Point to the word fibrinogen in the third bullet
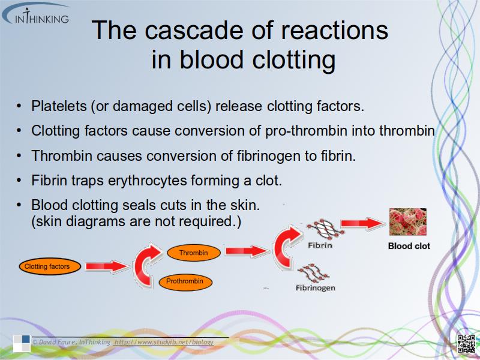pyautogui.click(x=268, y=156)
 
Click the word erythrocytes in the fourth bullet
pyautogui.click(x=147, y=181)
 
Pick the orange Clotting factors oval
pyautogui.click(x=50, y=266)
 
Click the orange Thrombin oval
pyautogui.click(x=193, y=253)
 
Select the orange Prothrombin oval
pyautogui.click(x=185, y=281)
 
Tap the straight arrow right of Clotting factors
pyautogui.click(x=107, y=266)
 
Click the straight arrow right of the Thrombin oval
pyautogui.click(x=247, y=251)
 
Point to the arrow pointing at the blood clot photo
pyautogui.click(x=363, y=223)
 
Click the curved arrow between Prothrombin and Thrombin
pyautogui.click(x=147, y=265)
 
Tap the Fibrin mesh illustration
pyautogui.click(x=325, y=229)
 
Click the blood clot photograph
pyautogui.click(x=408, y=222)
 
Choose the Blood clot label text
pyautogui.click(x=409, y=246)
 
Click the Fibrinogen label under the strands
pyautogui.click(x=316, y=288)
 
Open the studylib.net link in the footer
pyautogui.click(x=164, y=342)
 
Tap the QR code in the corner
pyautogui.click(x=466, y=343)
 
